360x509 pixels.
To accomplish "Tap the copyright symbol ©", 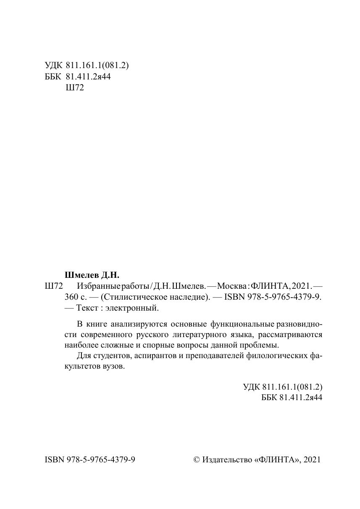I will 196,460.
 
